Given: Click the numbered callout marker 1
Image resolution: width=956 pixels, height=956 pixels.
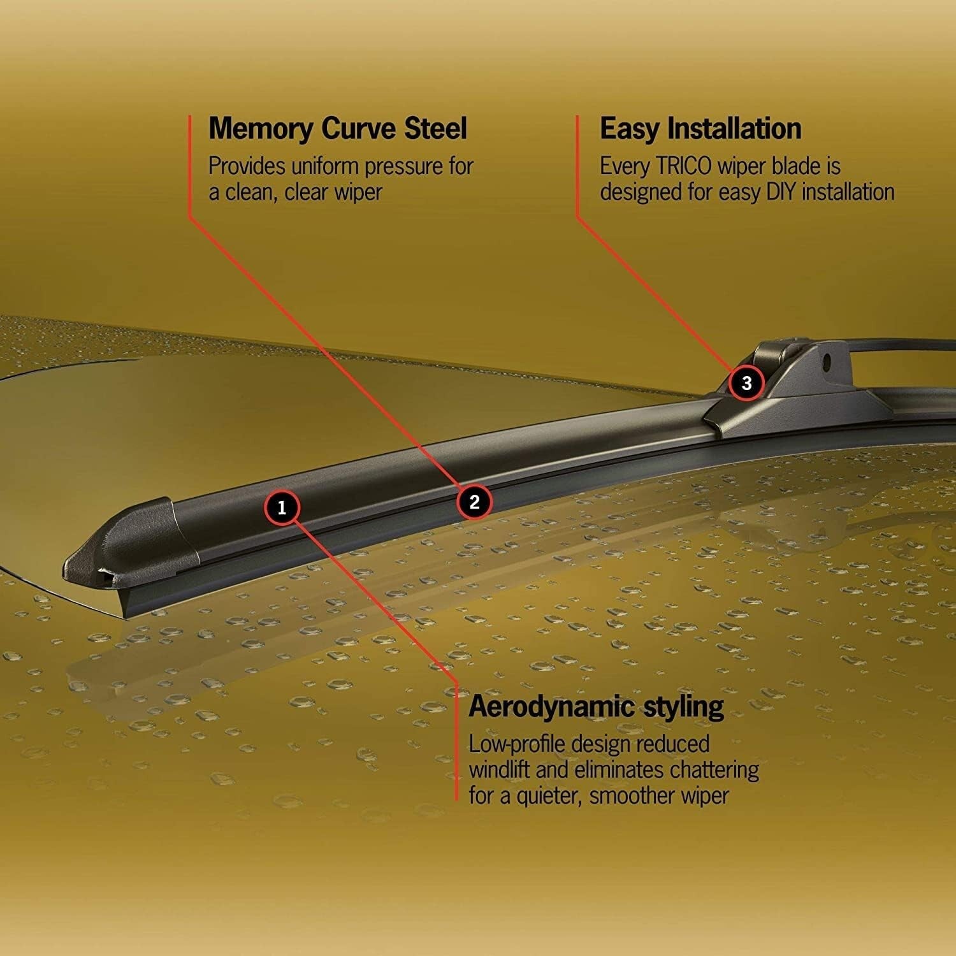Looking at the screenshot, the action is (282, 507).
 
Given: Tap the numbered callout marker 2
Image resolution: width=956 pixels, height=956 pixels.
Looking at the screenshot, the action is (474, 502).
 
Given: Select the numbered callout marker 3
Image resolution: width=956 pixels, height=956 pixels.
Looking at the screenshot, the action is (746, 383).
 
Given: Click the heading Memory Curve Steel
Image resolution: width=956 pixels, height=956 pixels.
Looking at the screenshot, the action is (338, 128).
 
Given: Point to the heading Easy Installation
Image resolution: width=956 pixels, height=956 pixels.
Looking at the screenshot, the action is (700, 128).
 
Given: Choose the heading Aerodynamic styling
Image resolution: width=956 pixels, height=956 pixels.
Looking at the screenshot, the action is (597, 707).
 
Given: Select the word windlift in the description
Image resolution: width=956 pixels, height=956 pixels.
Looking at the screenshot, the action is (500, 770).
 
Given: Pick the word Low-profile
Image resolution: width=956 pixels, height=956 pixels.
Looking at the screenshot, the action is (517, 744).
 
